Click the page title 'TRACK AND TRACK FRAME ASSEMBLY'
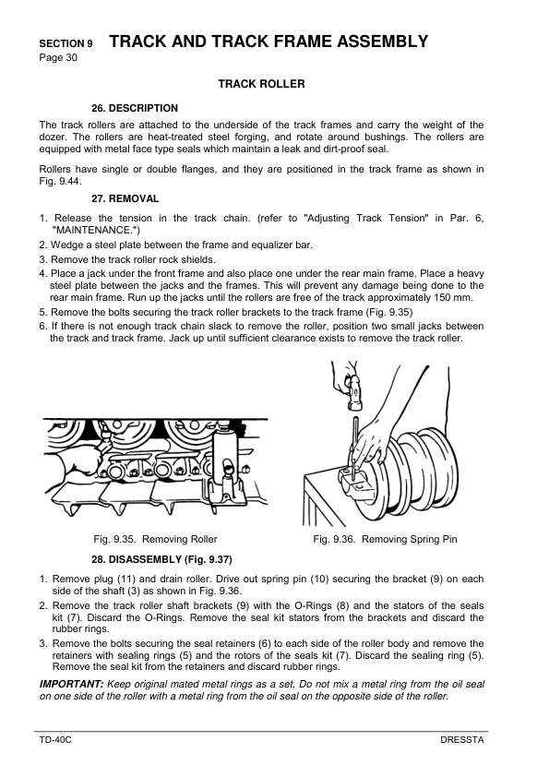pyautogui.click(x=269, y=42)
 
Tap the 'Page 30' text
pyautogui.click(x=58, y=57)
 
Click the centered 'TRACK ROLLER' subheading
pyautogui.click(x=261, y=84)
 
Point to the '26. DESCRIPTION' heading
pyautogui.click(x=135, y=108)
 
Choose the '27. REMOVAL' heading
pyautogui.click(x=125, y=198)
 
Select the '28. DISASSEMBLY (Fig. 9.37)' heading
pyautogui.click(x=161, y=559)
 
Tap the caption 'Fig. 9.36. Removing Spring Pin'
pyautogui.click(x=385, y=539)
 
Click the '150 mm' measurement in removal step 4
pyautogui.click(x=452, y=298)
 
